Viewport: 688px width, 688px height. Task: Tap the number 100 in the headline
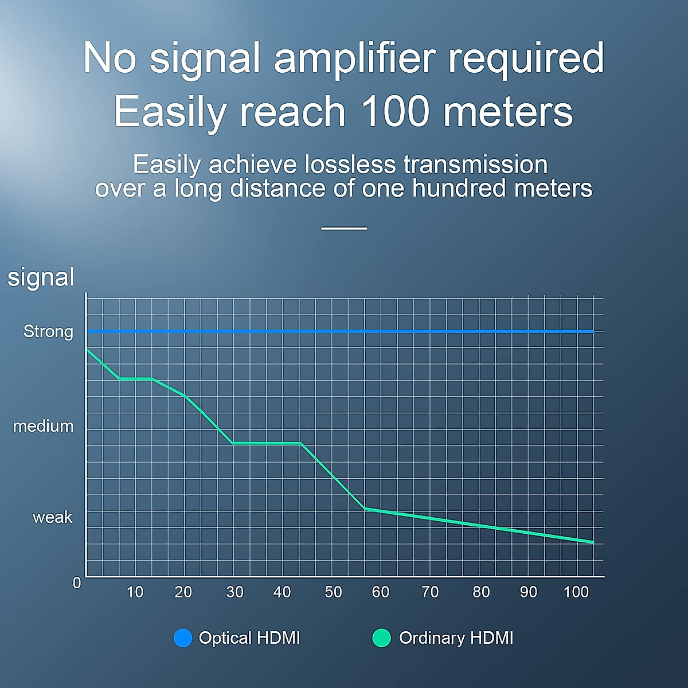click(396, 111)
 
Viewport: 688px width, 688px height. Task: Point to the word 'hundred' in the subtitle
click(459, 188)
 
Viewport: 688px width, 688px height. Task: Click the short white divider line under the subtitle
click(344, 229)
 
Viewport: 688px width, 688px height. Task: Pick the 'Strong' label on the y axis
click(48, 332)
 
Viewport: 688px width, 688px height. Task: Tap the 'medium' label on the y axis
click(43, 427)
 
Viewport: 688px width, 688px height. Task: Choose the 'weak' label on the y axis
click(53, 517)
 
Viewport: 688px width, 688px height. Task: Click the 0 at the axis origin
click(77, 583)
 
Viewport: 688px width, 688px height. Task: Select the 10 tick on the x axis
click(135, 592)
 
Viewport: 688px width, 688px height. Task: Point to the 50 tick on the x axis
click(333, 592)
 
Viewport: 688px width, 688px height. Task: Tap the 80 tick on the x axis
click(481, 592)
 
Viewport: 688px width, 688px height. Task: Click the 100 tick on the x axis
click(576, 592)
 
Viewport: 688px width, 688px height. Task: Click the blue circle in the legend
click(183, 638)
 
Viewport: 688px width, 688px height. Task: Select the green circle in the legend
click(381, 638)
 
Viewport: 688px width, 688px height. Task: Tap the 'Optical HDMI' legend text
click(249, 638)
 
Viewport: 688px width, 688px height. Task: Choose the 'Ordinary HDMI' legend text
click(456, 638)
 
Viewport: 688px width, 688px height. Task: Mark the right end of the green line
click(593, 542)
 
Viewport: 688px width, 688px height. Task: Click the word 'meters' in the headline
click(508, 111)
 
